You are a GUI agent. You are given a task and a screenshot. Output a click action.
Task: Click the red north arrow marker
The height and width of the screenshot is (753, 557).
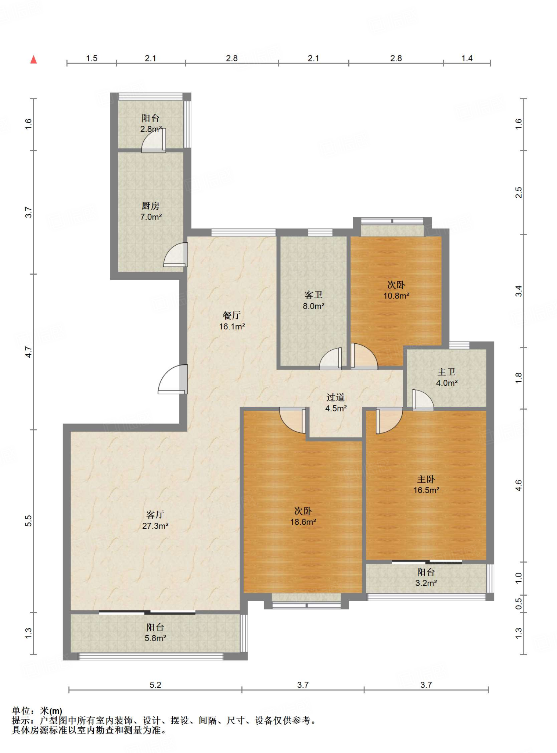pos(33,60)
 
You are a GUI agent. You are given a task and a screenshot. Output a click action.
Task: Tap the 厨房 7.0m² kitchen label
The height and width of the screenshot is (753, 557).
pos(151,211)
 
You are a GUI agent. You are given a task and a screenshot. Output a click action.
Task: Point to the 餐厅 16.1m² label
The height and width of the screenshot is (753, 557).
pos(232,321)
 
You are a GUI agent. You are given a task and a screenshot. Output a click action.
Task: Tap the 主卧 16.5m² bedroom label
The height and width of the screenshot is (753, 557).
pos(426,485)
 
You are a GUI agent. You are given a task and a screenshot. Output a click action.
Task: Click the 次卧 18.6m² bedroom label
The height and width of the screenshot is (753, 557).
pos(303,516)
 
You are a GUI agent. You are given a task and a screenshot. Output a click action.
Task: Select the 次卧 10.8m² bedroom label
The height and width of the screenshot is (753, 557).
pos(396,290)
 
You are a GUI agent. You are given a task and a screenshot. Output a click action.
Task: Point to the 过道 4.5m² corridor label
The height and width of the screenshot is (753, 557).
pos(336,403)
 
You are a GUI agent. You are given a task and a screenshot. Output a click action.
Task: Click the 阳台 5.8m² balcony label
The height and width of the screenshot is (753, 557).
pos(155,633)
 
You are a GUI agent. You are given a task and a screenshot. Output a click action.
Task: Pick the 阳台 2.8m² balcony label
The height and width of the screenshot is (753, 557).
pos(151,124)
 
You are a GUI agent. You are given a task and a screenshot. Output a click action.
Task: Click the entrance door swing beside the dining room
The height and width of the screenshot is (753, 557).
pos(173,379)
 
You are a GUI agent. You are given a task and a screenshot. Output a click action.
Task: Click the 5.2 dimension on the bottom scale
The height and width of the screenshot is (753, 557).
pos(155,685)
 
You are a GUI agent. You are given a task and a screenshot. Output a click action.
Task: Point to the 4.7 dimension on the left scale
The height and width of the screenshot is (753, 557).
pos(29,352)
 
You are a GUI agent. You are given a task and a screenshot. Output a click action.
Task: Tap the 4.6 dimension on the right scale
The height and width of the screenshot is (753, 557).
pos(518,485)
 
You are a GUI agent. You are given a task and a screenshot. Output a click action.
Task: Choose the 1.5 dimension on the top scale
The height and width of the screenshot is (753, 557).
pos(91,58)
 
